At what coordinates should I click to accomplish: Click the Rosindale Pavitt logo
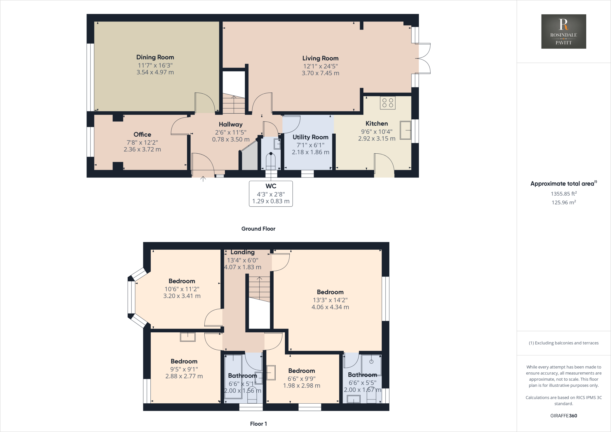coord(564,31)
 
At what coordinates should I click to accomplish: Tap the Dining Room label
coord(155,57)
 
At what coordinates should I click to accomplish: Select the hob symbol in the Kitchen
coord(388,103)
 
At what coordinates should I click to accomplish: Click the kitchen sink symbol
coord(405,130)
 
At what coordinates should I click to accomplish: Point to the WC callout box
coord(271,194)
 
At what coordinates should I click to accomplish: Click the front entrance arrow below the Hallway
coord(203,179)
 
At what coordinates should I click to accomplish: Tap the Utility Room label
coord(310,137)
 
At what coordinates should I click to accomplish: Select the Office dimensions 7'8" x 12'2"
coord(142,143)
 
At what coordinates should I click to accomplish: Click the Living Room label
coord(320,58)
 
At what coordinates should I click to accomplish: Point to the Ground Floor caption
coord(258,229)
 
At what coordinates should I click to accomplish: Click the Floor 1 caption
coord(258,424)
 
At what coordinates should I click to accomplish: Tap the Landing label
coord(242,252)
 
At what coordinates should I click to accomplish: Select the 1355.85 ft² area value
coord(564,194)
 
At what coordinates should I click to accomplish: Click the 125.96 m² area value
coord(564,203)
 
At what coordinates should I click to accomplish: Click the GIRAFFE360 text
coord(564,416)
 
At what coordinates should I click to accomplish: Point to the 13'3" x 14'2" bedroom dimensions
coord(330,300)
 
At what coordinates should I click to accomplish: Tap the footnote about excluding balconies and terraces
coord(564,343)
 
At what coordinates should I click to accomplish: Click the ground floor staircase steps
coord(234,104)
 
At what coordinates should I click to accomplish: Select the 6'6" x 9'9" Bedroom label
coord(301,371)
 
